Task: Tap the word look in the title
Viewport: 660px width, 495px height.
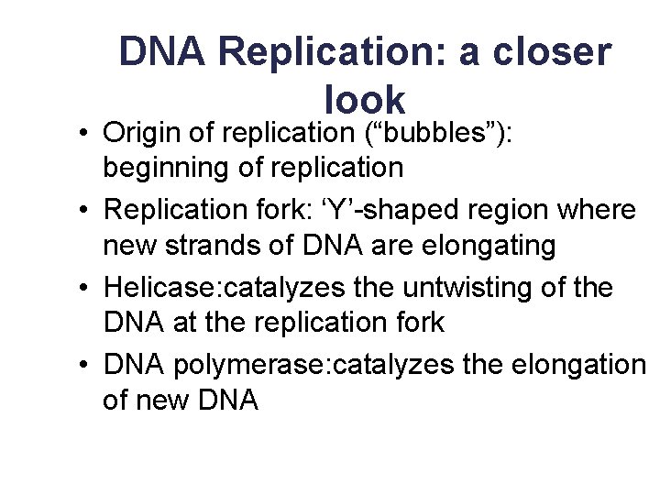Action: pos(364,99)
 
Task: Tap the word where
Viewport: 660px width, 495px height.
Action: pos(600,210)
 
